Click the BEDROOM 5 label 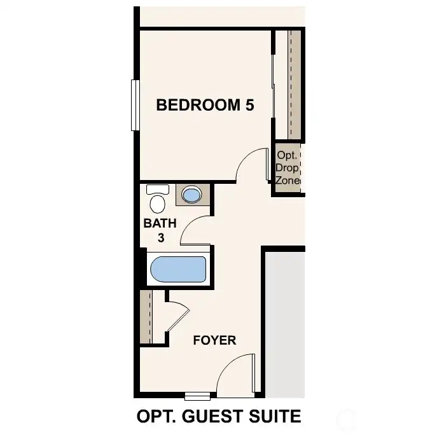[x=205, y=105]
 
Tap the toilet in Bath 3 [x=157, y=200]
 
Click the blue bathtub [x=177, y=270]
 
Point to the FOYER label [x=214, y=340]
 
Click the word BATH [x=160, y=224]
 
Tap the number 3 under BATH [x=161, y=239]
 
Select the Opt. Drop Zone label [x=288, y=167]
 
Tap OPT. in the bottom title [x=155, y=417]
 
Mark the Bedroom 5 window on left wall [x=135, y=105]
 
